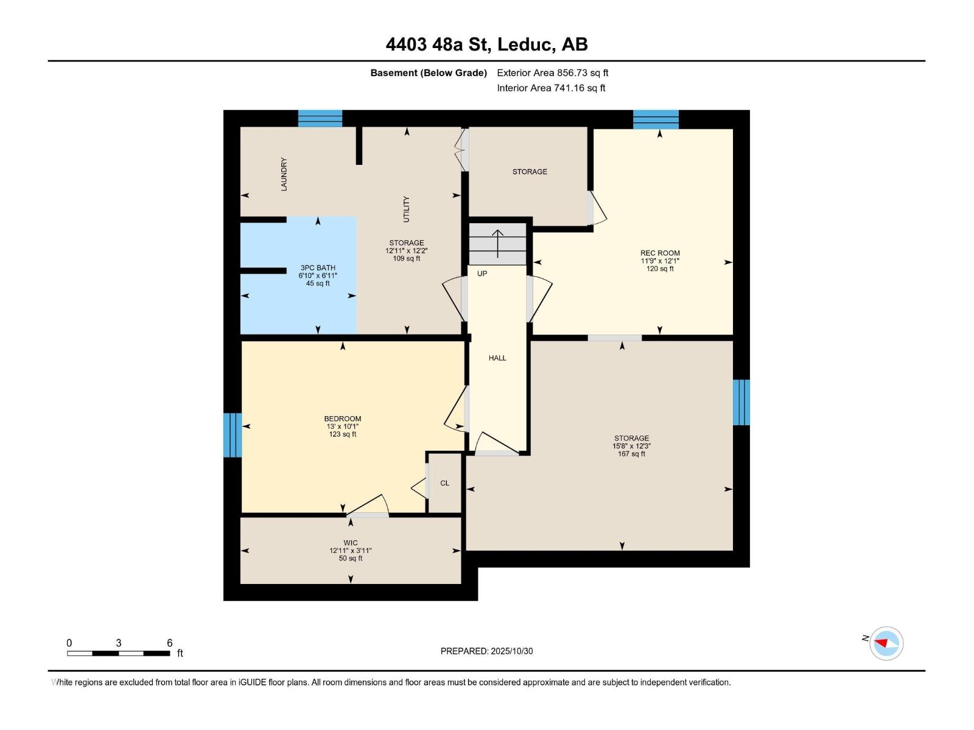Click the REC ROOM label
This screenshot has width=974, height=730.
click(660, 253)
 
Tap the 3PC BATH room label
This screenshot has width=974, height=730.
click(318, 268)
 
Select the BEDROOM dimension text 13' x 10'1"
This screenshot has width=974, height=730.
click(342, 426)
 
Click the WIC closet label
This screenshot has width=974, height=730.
click(350, 543)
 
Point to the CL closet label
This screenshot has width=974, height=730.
click(444, 483)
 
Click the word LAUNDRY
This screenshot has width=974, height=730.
click(284, 174)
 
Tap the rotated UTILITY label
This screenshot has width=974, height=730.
click(407, 209)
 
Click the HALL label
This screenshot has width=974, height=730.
click(497, 358)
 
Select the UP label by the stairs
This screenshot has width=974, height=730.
click(482, 274)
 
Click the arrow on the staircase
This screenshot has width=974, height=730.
click(498, 243)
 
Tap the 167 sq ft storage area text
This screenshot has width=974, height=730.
click(631, 454)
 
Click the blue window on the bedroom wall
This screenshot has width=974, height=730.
click(233, 435)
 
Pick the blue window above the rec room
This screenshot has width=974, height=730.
click(656, 119)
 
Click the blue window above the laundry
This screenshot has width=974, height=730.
click(320, 118)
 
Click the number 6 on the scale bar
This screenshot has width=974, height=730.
click(170, 643)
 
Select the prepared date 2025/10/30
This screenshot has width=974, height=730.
click(511, 651)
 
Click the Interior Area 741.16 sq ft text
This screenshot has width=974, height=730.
click(551, 88)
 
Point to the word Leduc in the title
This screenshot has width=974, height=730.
click(525, 44)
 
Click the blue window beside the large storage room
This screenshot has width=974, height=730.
click(741, 402)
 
